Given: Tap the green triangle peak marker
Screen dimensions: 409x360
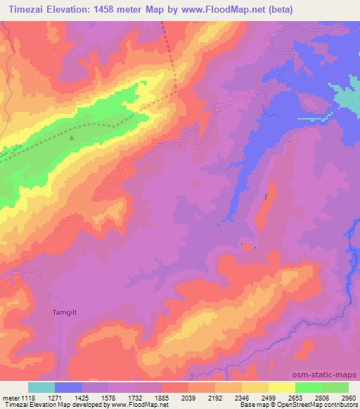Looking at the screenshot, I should [x=72, y=137].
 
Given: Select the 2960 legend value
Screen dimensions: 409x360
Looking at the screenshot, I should [x=349, y=398].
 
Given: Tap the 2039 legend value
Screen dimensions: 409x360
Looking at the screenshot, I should [x=188, y=398].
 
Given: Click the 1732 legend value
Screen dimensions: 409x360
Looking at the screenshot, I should [x=136, y=398].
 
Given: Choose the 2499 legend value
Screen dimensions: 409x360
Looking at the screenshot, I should [x=269, y=398].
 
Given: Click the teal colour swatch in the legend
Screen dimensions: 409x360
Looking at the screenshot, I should [x=41, y=388].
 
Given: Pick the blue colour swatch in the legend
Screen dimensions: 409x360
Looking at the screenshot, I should [x=68, y=388].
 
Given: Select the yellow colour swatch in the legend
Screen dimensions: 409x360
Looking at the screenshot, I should [x=281, y=388].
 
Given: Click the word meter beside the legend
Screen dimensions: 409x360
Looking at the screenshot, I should [x=11, y=398].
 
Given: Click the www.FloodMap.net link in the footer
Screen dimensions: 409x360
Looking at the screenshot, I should [x=141, y=405].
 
